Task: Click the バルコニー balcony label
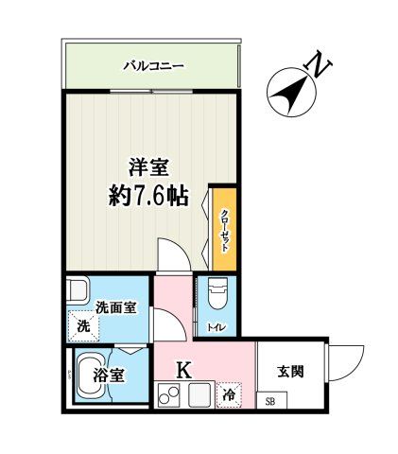coord(153,66)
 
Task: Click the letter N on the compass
coord(321,66)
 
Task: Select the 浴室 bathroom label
coord(110,375)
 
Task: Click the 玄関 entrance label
coord(290,372)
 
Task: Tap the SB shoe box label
coord(269,402)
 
